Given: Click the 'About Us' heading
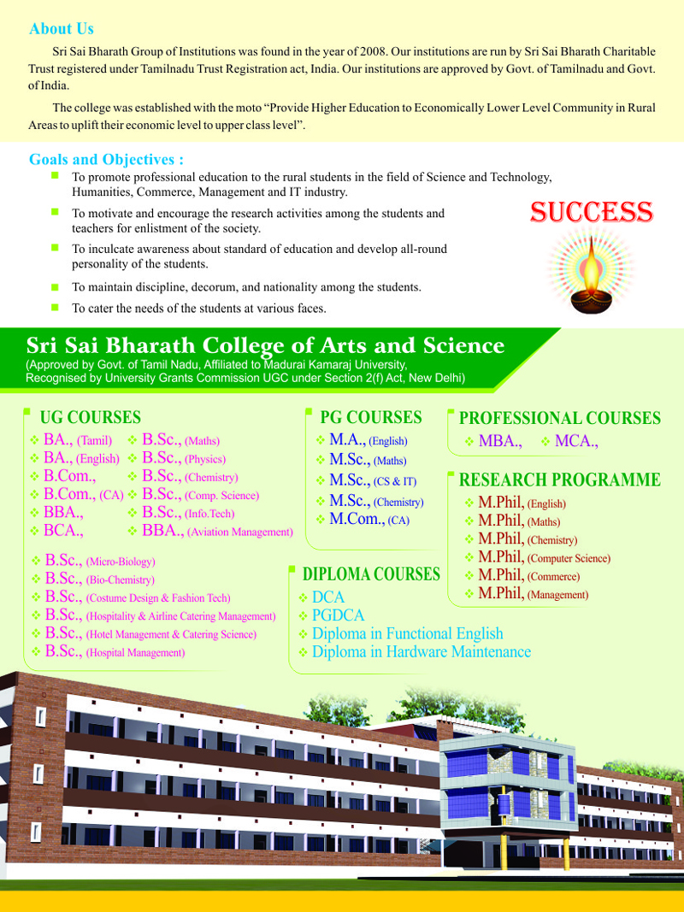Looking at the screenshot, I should pos(62,29).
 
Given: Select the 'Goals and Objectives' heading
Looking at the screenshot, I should pos(107,160).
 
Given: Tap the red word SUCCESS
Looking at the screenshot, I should pos(592,212).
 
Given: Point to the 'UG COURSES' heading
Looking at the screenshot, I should pos(91,418).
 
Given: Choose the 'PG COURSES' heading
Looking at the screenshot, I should pos(371,418).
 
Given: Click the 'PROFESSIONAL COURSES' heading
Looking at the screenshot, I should pos(560,419).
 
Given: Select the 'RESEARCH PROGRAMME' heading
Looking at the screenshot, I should pos(560,480).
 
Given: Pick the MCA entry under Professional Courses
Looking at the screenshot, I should pos(575,442).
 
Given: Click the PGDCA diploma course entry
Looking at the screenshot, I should pos(338,615).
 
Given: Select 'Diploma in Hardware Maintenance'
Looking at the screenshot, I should pos(421,652).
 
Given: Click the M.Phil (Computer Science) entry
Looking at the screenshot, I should pos(544,558).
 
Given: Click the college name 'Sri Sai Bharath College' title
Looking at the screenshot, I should pos(265,345).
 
